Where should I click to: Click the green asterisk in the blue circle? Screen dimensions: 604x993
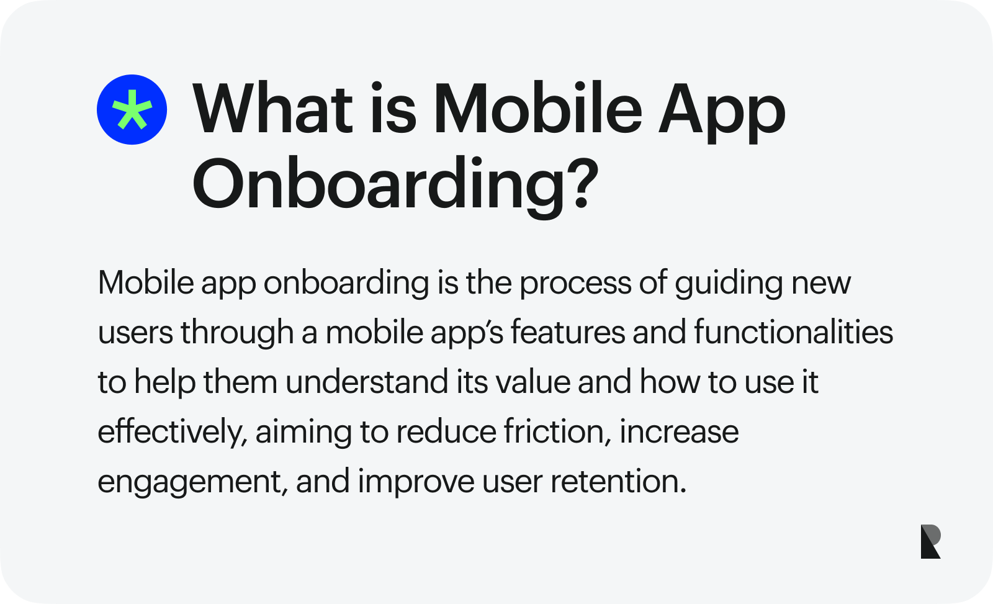132,110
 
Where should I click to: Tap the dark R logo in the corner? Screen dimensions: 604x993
930,541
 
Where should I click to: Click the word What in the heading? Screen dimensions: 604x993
274,110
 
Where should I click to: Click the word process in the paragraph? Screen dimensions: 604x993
575,283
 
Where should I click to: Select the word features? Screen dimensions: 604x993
567,333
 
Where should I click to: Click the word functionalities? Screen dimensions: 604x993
793,333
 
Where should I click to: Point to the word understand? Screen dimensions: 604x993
367,382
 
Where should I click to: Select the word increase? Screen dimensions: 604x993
679,432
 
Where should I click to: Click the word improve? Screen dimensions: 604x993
416,482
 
